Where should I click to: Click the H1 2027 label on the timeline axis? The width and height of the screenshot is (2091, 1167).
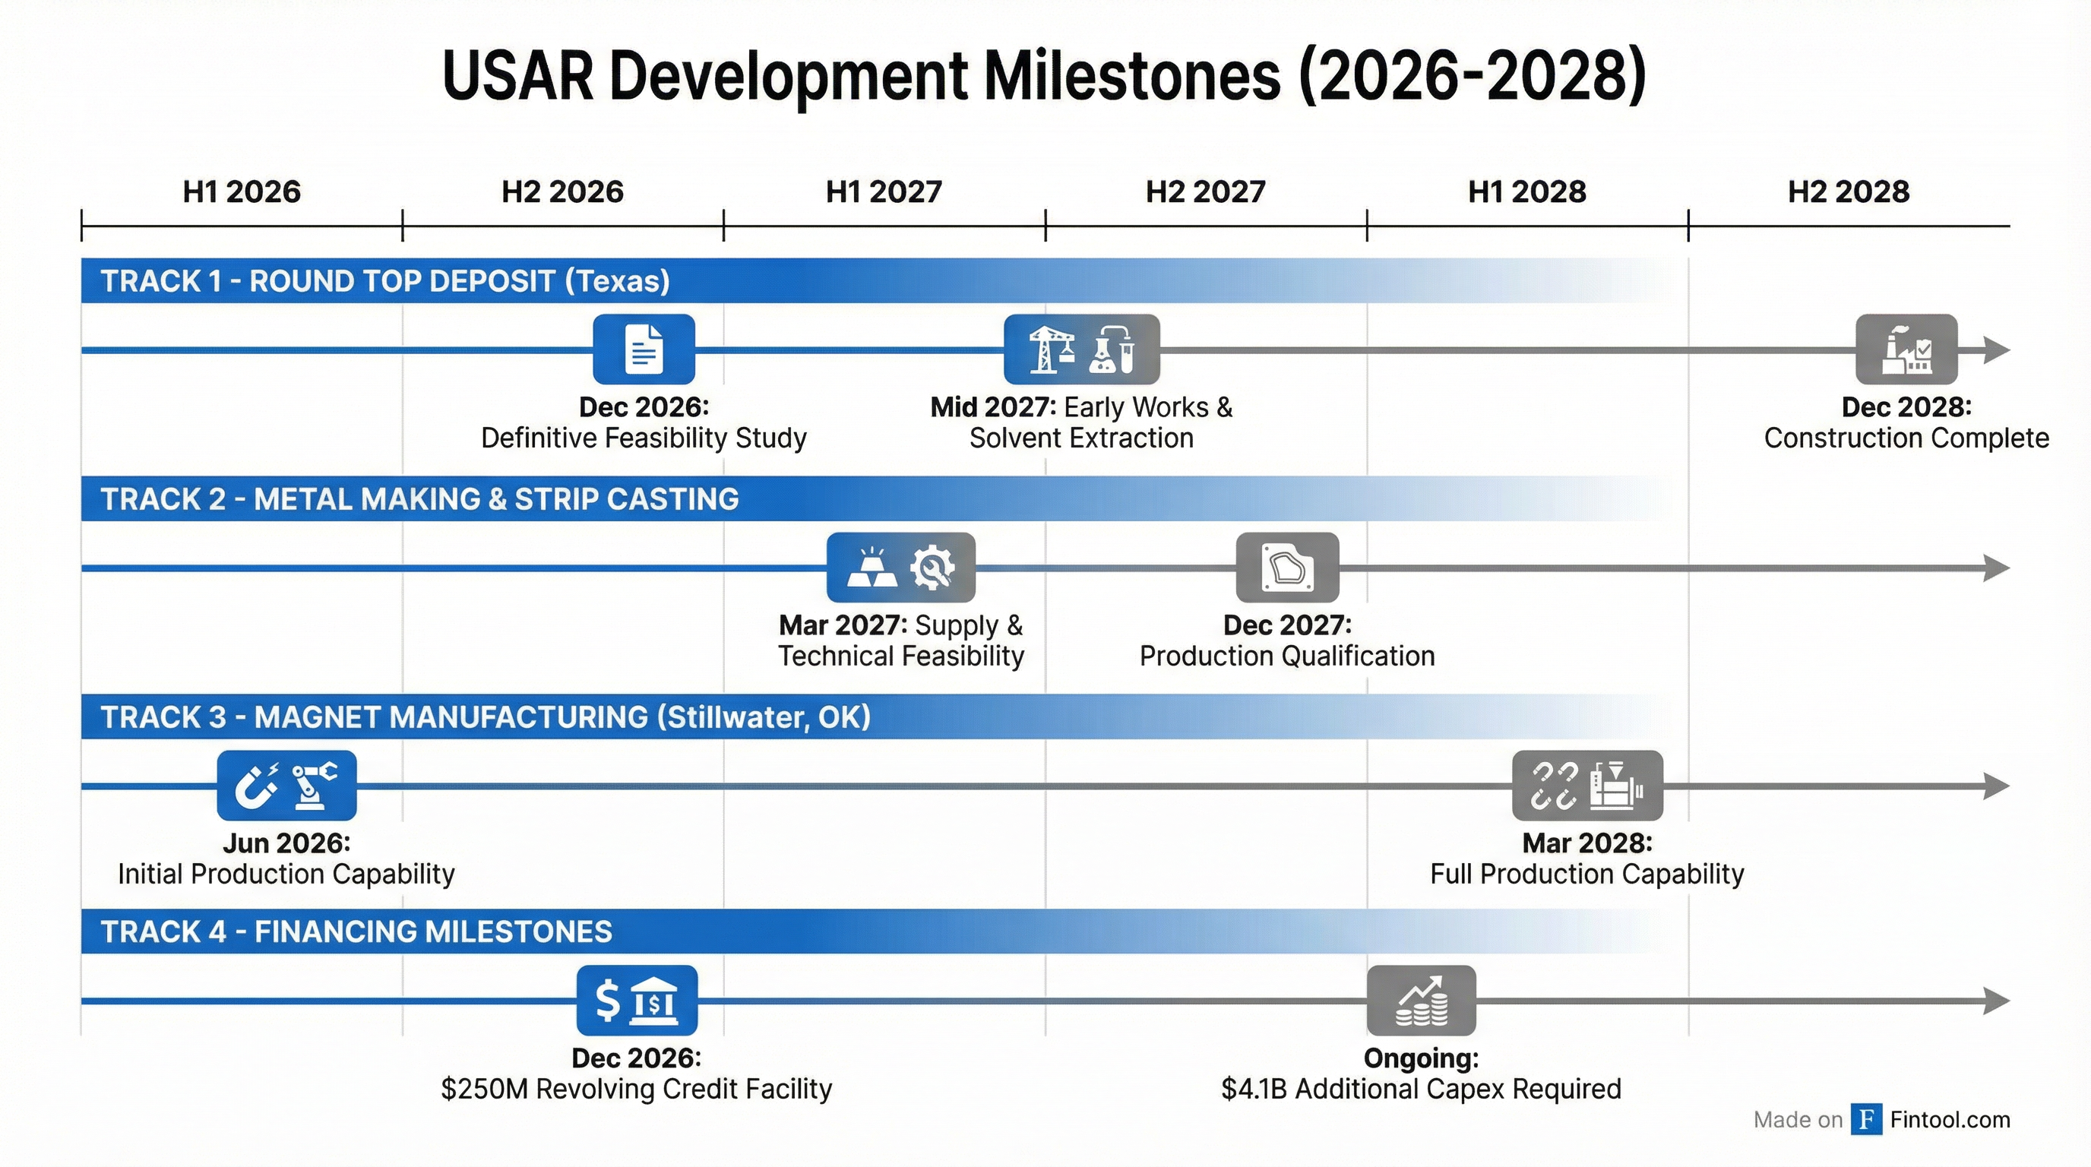coord(883,192)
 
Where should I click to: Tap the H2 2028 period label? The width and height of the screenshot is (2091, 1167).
coord(1849,192)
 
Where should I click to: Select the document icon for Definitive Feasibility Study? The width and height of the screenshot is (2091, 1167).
coord(644,349)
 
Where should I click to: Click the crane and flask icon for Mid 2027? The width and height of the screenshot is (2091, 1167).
coord(1081,349)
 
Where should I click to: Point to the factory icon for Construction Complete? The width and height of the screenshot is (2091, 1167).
coord(1906,349)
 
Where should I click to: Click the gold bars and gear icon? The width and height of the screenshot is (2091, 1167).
coord(900,568)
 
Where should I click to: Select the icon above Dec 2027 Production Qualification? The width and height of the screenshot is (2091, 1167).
coord(1286,568)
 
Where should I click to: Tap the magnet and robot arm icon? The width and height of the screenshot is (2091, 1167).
coord(286,785)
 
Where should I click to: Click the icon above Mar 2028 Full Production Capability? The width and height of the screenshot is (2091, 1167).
coord(1587,785)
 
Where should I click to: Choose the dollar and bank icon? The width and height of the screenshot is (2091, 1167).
coord(637,1000)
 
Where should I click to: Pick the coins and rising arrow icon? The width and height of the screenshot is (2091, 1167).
coord(1421,1000)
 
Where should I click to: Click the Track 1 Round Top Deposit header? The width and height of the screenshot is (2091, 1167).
coord(384,281)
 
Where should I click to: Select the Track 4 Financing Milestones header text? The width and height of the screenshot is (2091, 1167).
coord(356,931)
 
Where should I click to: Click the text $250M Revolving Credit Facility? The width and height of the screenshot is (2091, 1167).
coord(637,1089)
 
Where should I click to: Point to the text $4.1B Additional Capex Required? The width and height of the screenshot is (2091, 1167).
coord(1421,1089)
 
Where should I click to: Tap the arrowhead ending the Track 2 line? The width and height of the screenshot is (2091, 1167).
coord(1996,568)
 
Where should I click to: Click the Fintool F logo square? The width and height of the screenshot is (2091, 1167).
coord(1866,1119)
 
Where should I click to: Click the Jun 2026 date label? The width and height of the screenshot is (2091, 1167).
coord(286,843)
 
